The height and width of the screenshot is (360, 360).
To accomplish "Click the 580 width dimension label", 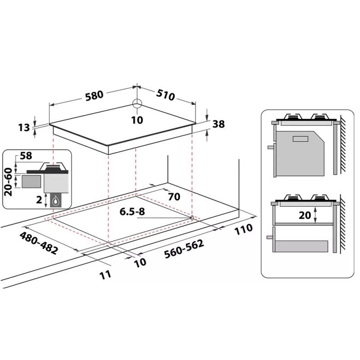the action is coord(94,96).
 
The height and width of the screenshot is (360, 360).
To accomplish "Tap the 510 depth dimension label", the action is coord(166,95).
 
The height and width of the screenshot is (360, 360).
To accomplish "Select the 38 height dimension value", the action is coord(218,124).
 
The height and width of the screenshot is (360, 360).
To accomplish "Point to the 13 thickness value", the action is coord(24,127).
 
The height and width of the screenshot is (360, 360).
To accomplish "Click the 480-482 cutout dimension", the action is coord(39,243).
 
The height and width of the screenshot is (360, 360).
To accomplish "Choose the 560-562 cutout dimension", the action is coord(184,249).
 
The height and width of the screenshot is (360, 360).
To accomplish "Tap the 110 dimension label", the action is coord(243,229).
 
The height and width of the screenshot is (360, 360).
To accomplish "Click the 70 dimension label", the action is coord(174,197).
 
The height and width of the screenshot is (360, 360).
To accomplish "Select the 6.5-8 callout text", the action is coord(132,211).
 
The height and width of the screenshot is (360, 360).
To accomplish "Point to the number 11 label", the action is coord(106,274).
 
